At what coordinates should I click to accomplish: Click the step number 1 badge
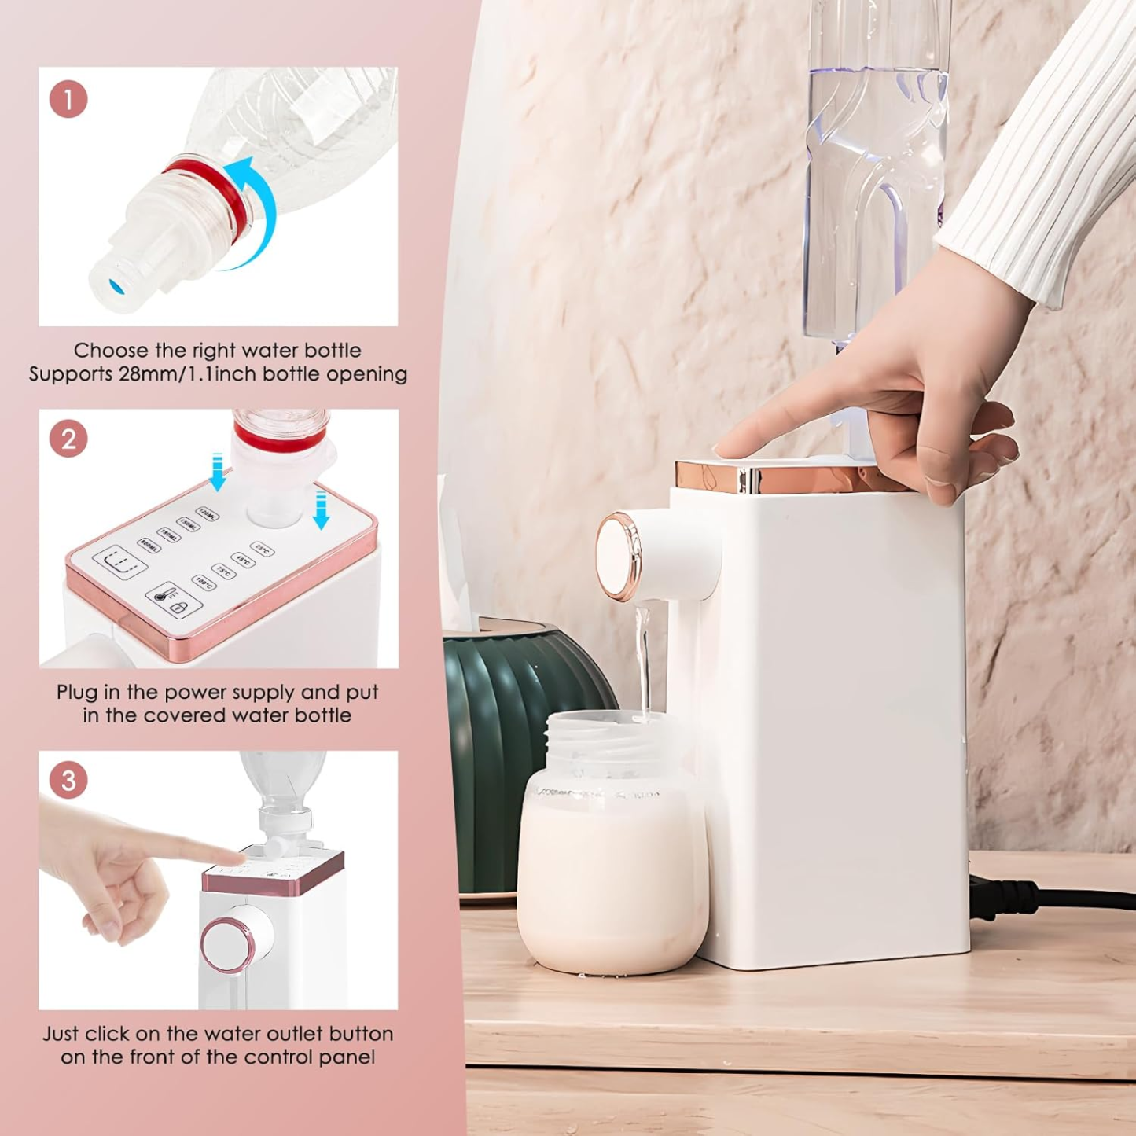click(x=68, y=100)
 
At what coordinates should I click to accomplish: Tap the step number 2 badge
click(x=68, y=439)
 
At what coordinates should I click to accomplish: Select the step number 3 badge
click(x=68, y=780)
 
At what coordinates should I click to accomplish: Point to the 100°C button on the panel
click(x=204, y=583)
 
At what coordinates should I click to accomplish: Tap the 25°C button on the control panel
click(x=263, y=549)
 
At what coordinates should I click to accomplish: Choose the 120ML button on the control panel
click(x=207, y=514)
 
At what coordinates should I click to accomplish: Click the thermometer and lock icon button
click(x=173, y=600)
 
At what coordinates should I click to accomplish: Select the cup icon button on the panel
click(x=119, y=561)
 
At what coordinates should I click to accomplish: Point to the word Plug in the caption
click(x=75, y=693)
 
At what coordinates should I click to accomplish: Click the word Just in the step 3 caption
click(x=61, y=1034)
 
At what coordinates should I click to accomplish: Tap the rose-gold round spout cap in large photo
click(x=618, y=555)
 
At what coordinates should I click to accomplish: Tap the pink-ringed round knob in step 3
click(x=228, y=943)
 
